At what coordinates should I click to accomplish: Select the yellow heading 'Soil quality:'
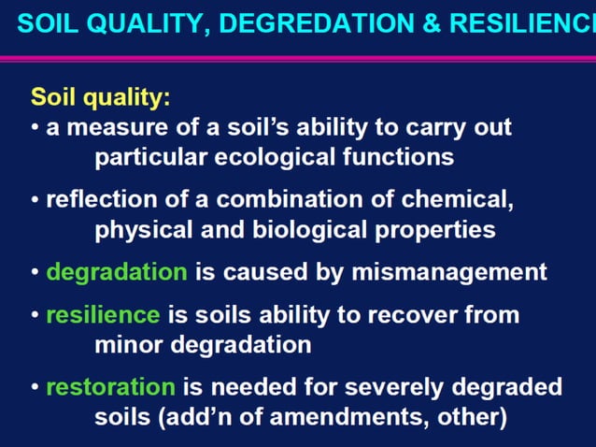(100, 97)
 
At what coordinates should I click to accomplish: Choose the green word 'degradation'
(117, 272)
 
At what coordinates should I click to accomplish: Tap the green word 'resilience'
(103, 314)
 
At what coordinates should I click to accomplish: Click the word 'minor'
(126, 344)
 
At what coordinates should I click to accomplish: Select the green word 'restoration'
(110, 386)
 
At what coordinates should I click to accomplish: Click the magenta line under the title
(298, 58)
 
